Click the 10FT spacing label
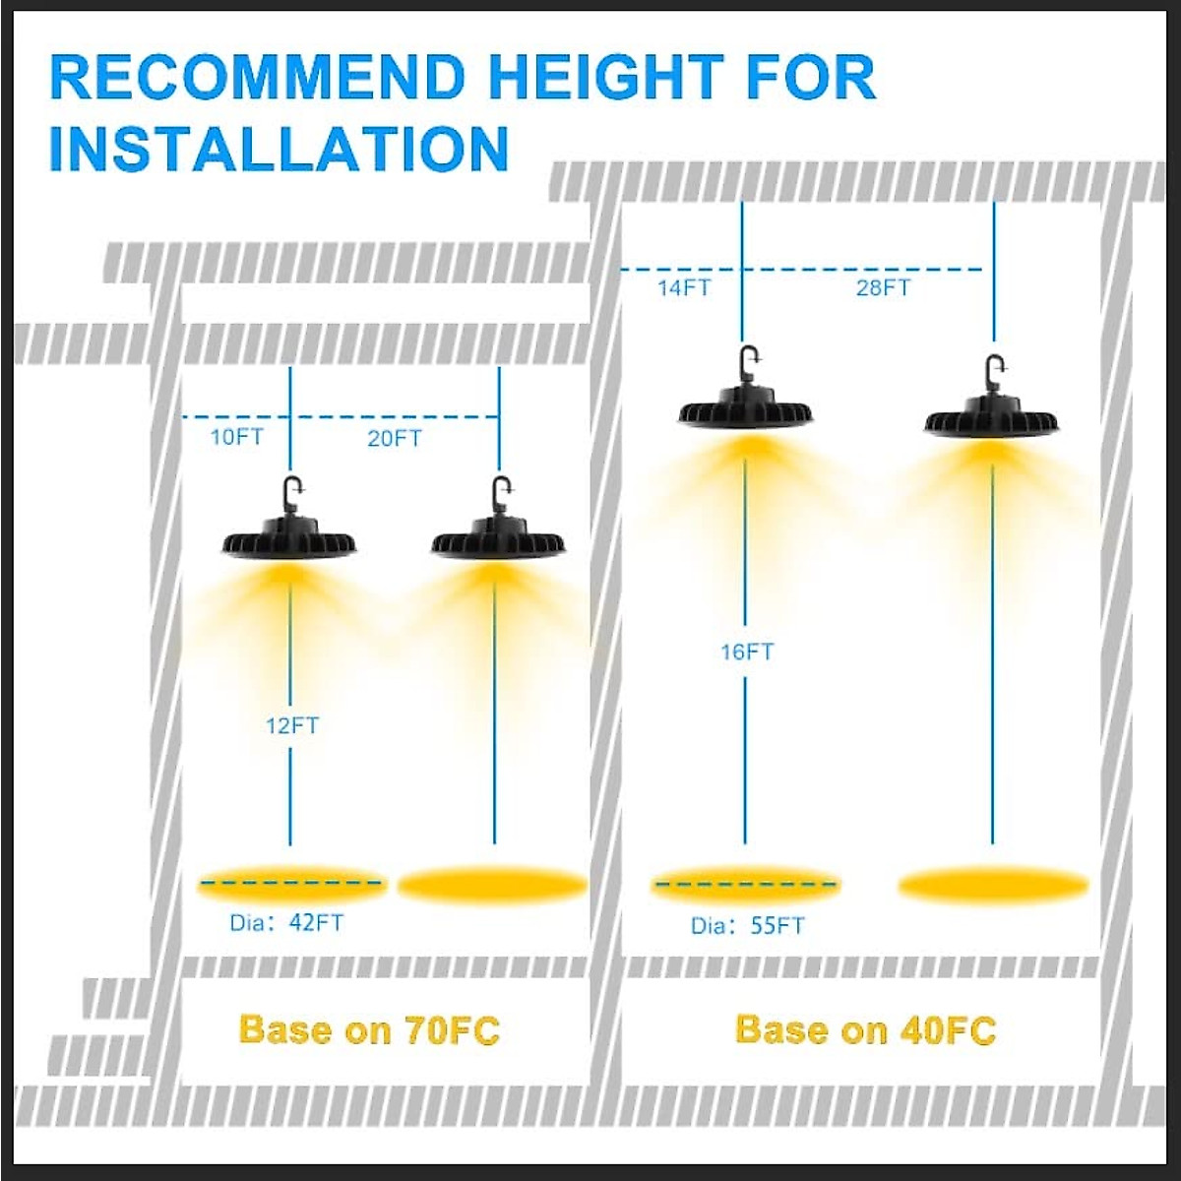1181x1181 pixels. tap(237, 436)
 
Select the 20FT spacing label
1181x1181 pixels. tap(395, 438)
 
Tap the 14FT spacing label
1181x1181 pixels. tap(684, 287)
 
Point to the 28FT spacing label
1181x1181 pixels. tap(883, 287)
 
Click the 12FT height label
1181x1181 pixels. tap(292, 726)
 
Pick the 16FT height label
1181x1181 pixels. tap(747, 652)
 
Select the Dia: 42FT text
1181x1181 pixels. tap(287, 923)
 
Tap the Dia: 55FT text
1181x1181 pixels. tap(747, 925)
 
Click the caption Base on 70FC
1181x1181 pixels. tap(369, 1030)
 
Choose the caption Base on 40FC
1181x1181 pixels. tap(865, 1030)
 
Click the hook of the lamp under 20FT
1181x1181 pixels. tap(501, 490)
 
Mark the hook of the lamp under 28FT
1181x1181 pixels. tap(993, 370)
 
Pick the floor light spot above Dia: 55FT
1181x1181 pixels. tap(746, 885)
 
